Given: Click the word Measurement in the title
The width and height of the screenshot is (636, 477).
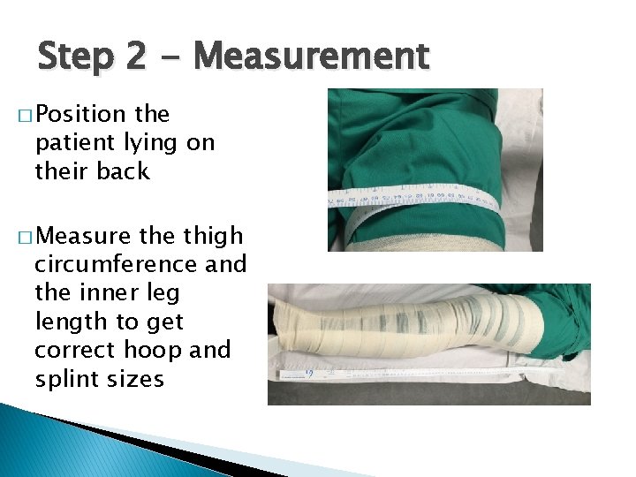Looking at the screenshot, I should point(311,57).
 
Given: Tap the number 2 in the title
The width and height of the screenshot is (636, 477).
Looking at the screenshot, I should point(135,57).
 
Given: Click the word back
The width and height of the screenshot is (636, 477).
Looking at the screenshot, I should point(123,171).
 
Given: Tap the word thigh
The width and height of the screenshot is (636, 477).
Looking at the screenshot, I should point(212,237).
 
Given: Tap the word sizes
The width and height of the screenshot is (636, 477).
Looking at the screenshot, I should point(136,380).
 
